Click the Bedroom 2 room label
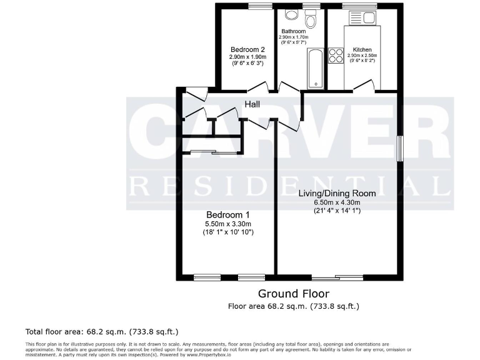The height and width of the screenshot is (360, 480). click(x=247, y=50)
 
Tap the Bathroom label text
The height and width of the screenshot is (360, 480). click(x=293, y=31)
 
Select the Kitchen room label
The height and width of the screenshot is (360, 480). click(x=362, y=49)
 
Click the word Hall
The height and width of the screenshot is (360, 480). click(x=252, y=104)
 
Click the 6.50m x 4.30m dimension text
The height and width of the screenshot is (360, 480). click(x=336, y=202)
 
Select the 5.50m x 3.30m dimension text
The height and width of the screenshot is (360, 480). click(x=227, y=224)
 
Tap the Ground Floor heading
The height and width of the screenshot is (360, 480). click(x=293, y=294)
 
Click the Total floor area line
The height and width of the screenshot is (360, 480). click(x=106, y=331)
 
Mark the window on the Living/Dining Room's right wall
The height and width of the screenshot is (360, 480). click(x=399, y=149)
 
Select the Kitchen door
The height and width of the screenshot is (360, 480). click(x=365, y=86)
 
